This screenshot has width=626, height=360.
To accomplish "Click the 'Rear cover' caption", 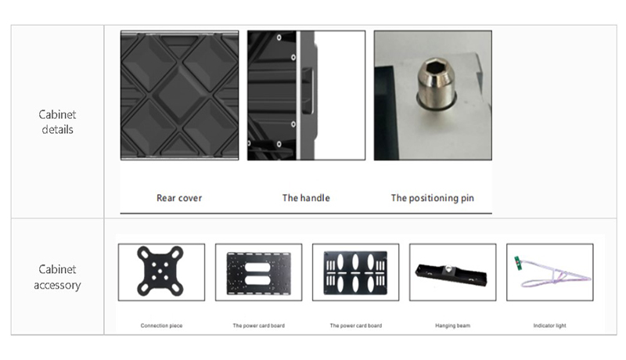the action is [x=179, y=198].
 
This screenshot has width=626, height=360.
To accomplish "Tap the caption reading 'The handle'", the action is [x=306, y=198].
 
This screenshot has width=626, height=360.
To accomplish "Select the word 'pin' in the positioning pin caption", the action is [x=467, y=198].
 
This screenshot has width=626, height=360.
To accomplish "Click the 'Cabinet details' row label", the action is [x=57, y=122].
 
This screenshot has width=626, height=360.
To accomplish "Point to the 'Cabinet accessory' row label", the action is [x=57, y=277].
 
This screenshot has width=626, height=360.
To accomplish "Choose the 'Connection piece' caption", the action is [x=161, y=326].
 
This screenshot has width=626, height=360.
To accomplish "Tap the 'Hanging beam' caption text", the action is [x=453, y=326].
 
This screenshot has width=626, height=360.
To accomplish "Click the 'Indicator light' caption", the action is [x=550, y=326].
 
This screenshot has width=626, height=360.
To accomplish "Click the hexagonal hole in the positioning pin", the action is [x=434, y=66].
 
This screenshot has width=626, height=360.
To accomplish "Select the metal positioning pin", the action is [x=436, y=84].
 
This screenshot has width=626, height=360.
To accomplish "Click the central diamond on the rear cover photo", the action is [x=180, y=95].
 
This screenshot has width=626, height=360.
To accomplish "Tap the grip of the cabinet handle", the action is [x=308, y=92].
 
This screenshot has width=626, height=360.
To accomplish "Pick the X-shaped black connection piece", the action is [x=160, y=271].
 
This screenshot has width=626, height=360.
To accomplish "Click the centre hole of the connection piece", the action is [x=160, y=272].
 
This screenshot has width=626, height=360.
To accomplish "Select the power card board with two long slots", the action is [x=259, y=273].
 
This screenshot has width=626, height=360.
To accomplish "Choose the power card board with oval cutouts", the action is [x=355, y=273].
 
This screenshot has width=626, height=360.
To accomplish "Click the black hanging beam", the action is [x=452, y=275].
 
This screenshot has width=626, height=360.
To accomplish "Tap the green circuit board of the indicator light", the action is [x=518, y=264].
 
